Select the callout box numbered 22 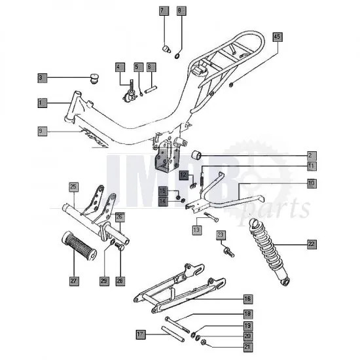312,244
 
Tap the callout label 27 73,281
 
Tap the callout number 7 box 163,11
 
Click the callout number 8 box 181,11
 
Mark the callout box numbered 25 73,187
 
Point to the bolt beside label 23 227,249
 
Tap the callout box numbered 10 312,184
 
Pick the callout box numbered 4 120,67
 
